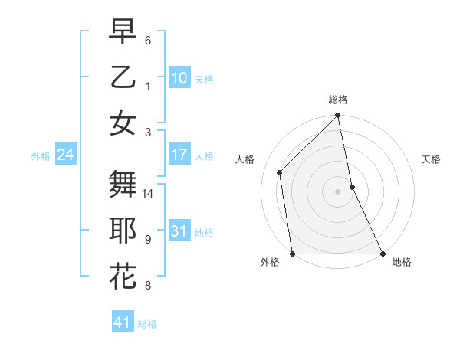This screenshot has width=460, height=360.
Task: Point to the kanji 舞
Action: [x=123, y=185]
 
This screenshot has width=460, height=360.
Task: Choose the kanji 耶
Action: [x=123, y=231]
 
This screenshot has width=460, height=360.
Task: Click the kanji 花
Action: [x=123, y=277]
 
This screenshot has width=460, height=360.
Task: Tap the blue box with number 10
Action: [x=179, y=78]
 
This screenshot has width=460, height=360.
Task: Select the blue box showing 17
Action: [x=179, y=155]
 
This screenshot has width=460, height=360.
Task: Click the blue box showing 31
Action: [x=179, y=231]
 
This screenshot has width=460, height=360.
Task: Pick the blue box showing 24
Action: [x=65, y=155]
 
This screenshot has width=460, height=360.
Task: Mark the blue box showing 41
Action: [x=122, y=322]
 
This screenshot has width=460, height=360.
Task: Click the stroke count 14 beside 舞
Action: [x=148, y=194]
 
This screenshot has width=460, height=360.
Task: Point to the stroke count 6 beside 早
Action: [x=148, y=40]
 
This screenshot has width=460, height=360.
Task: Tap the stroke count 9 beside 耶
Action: [x=148, y=239]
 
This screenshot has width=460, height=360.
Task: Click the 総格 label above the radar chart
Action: [x=337, y=100]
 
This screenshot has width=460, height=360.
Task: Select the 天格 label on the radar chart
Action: [x=432, y=159]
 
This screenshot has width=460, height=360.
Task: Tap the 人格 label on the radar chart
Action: [x=245, y=159]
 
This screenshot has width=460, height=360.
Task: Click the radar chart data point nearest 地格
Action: [x=382, y=254]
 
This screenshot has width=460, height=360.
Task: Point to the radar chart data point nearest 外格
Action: [x=292, y=254]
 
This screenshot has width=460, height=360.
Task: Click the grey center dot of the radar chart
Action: [x=337, y=191]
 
